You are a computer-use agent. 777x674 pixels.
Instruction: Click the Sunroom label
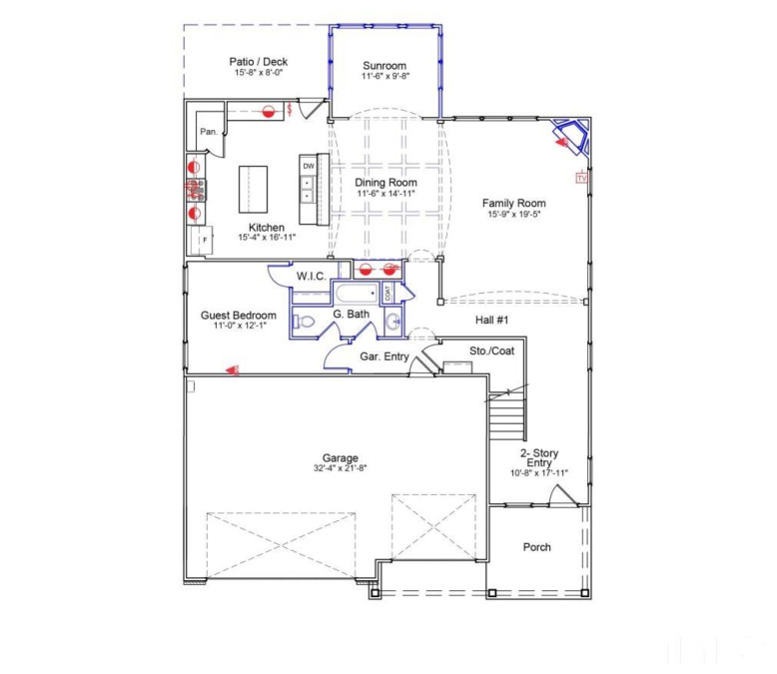click(385, 67)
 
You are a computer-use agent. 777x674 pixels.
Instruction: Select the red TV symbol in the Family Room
click(580, 178)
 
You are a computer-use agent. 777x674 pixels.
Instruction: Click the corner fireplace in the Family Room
click(572, 137)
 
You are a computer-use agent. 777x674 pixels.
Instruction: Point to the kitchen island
click(255, 189)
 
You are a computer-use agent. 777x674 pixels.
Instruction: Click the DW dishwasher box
click(309, 166)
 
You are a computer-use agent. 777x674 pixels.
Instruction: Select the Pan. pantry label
click(209, 132)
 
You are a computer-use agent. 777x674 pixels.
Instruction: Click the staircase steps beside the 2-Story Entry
click(505, 420)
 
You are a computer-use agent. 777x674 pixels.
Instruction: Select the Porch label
click(537, 546)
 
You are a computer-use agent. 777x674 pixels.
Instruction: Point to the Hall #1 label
click(491, 320)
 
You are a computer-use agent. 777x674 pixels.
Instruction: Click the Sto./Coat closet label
click(491, 350)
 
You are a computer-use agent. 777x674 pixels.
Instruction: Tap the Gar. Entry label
click(382, 355)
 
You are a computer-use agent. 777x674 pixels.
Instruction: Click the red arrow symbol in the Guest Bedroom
click(232, 369)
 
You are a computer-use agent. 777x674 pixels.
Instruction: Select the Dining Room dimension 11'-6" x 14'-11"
click(386, 194)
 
